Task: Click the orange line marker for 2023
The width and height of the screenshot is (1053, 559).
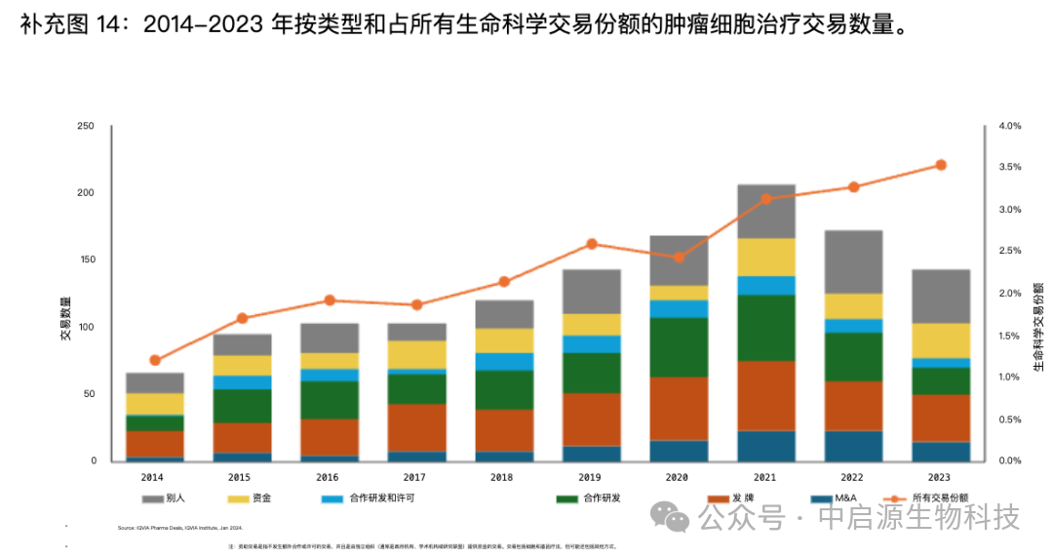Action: [x=941, y=165]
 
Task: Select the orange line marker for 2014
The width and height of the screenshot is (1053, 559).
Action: [x=155, y=360]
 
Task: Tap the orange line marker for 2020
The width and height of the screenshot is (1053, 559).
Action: [x=679, y=258]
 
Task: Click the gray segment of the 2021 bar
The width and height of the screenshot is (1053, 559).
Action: [x=766, y=211]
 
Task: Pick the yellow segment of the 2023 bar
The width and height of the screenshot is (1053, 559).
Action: [x=941, y=340]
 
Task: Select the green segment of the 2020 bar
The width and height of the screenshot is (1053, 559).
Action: [x=679, y=346]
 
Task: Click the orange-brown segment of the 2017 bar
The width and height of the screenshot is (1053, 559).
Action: [x=417, y=426]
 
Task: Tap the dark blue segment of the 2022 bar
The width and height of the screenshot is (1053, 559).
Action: [x=853, y=445]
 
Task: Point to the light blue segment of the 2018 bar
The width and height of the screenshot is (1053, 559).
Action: [x=504, y=361]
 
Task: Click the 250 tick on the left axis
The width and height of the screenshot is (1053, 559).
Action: [x=86, y=127]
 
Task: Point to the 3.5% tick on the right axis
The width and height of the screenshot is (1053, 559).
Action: [x=1009, y=168]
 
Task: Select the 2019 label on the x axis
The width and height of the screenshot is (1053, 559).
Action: [x=591, y=477]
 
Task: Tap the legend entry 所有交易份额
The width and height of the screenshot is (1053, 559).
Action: [x=940, y=498]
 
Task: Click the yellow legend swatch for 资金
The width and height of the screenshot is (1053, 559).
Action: [x=238, y=498]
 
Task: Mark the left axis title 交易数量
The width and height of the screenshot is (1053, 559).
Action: [x=66, y=317]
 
